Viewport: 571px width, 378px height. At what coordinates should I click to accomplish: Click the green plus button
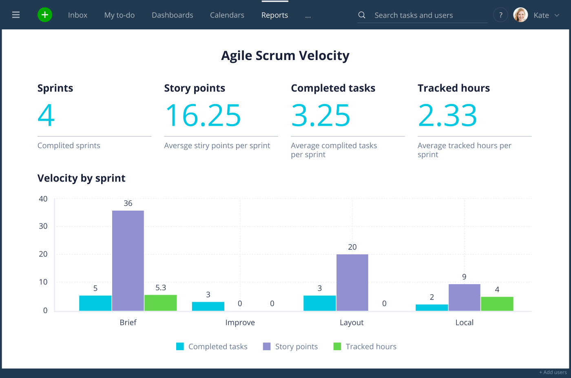[x=45, y=15]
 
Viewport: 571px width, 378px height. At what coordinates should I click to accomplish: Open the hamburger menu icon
[x=16, y=15]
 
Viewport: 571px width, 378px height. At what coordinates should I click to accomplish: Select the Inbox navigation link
[x=78, y=15]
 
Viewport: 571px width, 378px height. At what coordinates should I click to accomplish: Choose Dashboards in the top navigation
[x=172, y=15]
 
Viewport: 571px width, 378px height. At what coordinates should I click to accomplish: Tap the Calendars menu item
[x=227, y=15]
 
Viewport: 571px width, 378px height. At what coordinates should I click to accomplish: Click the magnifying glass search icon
[x=362, y=15]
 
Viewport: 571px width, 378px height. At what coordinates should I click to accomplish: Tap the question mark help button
[x=501, y=15]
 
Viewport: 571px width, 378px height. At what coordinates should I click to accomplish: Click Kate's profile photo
[x=520, y=15]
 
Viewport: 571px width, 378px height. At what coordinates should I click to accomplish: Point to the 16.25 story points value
[x=203, y=115]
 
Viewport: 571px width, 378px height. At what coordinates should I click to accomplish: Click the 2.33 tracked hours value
[x=447, y=115]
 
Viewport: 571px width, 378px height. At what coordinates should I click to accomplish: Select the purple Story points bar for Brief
[x=128, y=261]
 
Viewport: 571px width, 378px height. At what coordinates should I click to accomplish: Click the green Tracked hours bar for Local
[x=497, y=304]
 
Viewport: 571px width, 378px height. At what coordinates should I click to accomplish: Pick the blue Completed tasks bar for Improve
[x=208, y=306]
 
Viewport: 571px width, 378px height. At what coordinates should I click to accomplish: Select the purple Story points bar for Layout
[x=352, y=282]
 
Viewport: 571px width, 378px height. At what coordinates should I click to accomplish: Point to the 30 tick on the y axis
[x=43, y=226]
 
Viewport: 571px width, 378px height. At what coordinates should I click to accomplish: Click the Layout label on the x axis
[x=352, y=322]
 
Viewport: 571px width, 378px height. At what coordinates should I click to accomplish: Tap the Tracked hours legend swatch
[x=337, y=347]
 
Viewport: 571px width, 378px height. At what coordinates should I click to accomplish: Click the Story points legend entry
[x=290, y=347]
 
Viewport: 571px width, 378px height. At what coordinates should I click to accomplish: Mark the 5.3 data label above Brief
[x=161, y=288]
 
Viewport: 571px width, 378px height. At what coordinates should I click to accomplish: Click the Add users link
[x=553, y=372]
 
